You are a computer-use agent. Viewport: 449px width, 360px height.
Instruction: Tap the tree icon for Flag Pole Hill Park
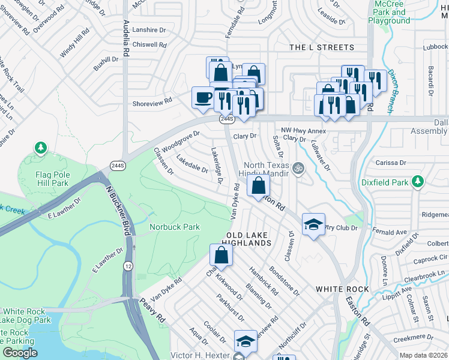40,147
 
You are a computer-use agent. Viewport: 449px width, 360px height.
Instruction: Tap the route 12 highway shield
128,265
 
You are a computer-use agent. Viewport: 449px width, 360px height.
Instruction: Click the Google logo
20,353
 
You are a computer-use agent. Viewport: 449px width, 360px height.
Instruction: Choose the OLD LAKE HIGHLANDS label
246,238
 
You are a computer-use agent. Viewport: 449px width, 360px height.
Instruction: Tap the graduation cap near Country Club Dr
313,224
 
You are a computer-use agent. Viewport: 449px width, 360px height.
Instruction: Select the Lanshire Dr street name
149,31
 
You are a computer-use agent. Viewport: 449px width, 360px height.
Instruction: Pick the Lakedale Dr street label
192,164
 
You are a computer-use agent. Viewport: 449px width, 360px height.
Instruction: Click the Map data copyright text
423,355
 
